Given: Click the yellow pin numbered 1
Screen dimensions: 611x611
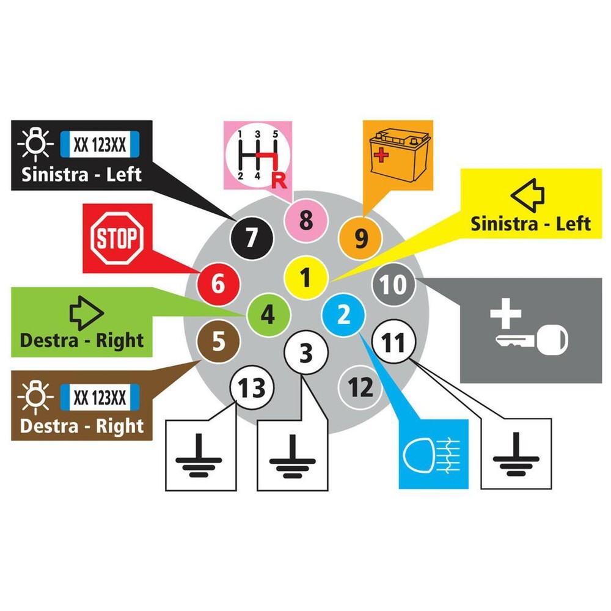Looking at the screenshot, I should click(306, 278).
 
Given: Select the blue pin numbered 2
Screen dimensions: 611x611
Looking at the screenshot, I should click(344, 315).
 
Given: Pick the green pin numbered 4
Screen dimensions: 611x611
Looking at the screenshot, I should click(268, 315).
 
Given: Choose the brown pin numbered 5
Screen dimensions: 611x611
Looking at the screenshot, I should click(218, 343).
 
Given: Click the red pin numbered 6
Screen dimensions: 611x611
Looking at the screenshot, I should click(218, 284).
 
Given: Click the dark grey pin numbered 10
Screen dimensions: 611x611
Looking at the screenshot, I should click(394, 285).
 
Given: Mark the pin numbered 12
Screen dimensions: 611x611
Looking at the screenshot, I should click(360, 387).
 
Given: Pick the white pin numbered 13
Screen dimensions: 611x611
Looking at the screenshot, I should click(252, 387).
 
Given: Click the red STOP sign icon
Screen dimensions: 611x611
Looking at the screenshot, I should click(117, 238).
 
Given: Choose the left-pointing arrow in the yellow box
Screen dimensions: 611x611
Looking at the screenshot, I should click(529, 194).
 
